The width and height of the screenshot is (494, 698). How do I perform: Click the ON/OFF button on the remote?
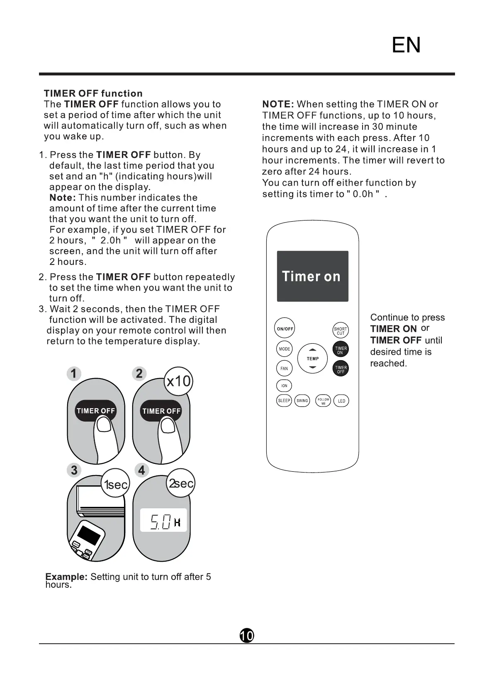(x=285, y=329)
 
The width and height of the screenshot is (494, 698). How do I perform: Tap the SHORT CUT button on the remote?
(x=341, y=331)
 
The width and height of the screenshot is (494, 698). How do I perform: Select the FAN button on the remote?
(x=284, y=368)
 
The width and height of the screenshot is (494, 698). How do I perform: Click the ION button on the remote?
(x=284, y=386)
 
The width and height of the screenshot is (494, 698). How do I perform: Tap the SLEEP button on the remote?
(x=284, y=401)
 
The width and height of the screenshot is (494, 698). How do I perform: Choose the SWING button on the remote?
(x=302, y=401)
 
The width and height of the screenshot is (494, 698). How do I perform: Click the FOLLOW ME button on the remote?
(x=324, y=401)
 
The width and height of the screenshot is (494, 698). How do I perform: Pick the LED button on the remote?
(x=341, y=401)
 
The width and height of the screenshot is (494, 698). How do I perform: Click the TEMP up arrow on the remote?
(x=313, y=350)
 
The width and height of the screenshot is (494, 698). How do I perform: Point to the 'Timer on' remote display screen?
(x=312, y=276)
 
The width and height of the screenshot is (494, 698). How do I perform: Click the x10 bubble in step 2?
(x=178, y=381)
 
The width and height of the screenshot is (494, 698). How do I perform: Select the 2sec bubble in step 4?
(x=181, y=483)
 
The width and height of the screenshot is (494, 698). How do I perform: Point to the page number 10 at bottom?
(x=247, y=635)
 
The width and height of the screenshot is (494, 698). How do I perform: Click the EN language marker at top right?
(x=406, y=45)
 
